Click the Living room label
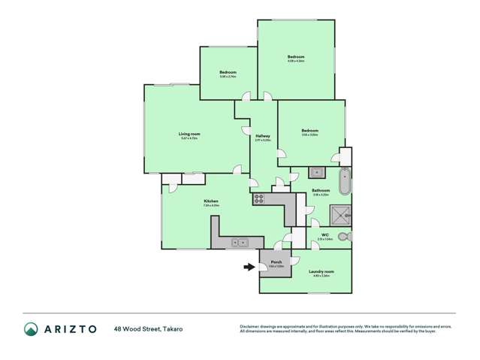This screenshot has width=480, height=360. click(189, 134)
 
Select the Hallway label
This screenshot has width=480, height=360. click(262, 136)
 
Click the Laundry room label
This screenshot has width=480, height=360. click(321, 271)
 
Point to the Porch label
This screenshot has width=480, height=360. click(276, 262)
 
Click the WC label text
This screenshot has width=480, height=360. click(325, 234)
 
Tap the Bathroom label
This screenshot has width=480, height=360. click(321, 190)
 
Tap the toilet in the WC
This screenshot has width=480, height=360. click(344, 237)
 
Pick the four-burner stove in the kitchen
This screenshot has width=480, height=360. click(259, 199)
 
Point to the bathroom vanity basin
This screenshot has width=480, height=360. click(317, 170)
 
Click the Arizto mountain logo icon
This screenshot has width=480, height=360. click(31, 328)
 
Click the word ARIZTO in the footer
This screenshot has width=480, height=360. click(71, 328)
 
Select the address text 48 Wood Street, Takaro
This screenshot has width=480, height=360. click(148, 328)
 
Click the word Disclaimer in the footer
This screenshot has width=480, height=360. click(250, 326)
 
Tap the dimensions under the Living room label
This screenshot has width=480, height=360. click(189, 138)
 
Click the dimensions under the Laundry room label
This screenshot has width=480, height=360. click(321, 275)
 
